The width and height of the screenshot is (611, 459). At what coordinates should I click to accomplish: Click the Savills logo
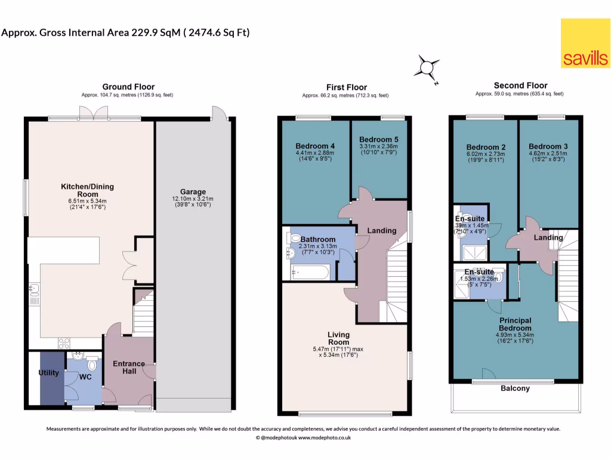tap(585, 43)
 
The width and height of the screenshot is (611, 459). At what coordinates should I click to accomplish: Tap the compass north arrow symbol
tap(428, 67)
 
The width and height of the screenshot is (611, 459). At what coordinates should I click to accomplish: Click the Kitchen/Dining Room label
tap(87, 191)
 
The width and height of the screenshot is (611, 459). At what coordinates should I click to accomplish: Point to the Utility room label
tap(49, 373)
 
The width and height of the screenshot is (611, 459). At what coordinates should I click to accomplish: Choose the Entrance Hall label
tap(129, 368)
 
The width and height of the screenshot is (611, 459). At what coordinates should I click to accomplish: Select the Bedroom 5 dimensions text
tap(379, 150)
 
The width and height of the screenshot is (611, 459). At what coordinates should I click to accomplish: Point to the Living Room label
tap(338, 339)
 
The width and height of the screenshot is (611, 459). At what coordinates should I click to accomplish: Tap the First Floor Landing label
tap(382, 231)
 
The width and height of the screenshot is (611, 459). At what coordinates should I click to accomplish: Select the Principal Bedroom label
tap(516, 324)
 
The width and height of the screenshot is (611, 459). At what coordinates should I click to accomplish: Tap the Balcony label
tap(515, 388)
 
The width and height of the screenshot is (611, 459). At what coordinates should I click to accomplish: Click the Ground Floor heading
tap(128, 87)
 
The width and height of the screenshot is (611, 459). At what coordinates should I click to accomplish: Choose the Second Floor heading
tap(520, 85)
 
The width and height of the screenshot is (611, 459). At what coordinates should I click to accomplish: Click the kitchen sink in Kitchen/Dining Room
tap(33, 290)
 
